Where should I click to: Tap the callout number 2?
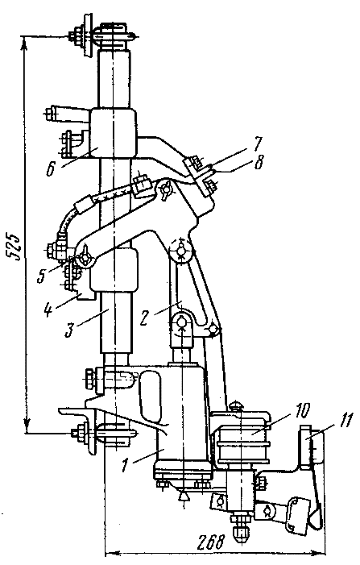click(145, 318)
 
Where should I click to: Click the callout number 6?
click(51, 168)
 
